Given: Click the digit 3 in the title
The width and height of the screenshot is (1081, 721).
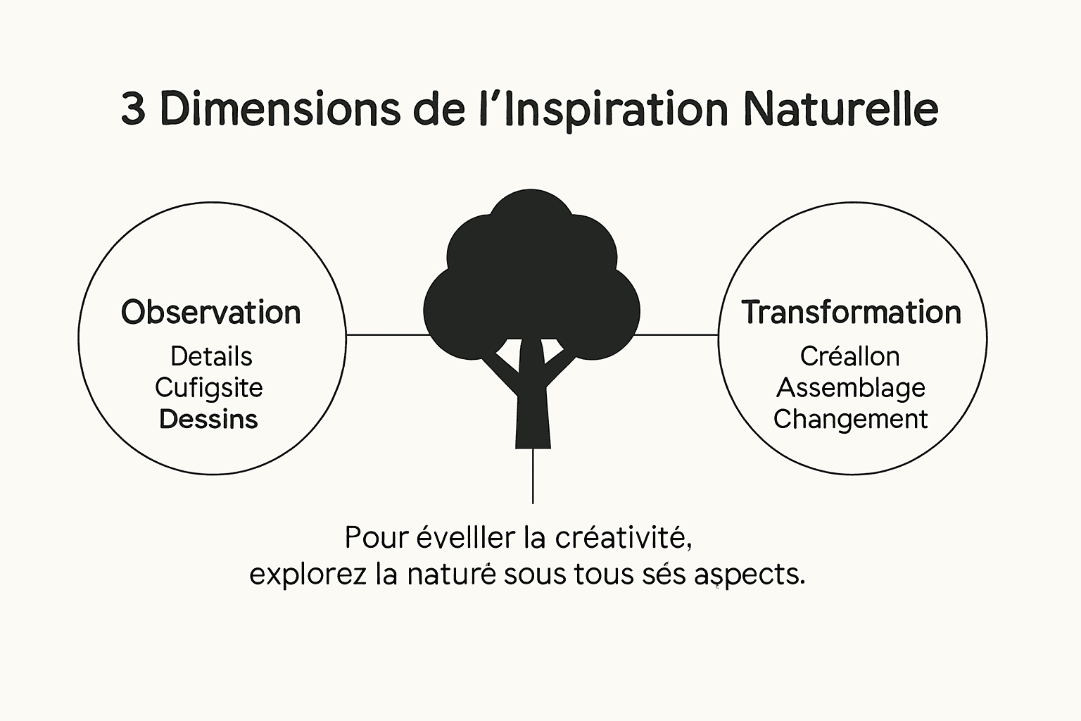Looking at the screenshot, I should pyautogui.click(x=134, y=109).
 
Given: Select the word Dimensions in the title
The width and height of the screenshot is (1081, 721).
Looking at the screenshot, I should pyautogui.click(x=282, y=109).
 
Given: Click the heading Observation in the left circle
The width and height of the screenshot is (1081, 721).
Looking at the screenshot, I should pyautogui.click(x=211, y=313).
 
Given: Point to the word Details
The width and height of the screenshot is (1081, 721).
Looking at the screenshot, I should pyautogui.click(x=211, y=356).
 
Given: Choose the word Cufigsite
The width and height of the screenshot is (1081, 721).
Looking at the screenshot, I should pyautogui.click(x=209, y=388).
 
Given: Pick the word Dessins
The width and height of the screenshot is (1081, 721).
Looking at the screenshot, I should pyautogui.click(x=209, y=419).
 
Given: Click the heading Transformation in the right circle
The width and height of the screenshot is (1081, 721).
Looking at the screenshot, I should pyautogui.click(x=852, y=313).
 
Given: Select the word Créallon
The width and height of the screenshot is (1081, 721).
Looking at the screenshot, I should pyautogui.click(x=850, y=356).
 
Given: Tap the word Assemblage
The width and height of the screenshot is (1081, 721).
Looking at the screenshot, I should pyautogui.click(x=851, y=388).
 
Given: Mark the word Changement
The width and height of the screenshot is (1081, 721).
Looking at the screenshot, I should pyautogui.click(x=851, y=419).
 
